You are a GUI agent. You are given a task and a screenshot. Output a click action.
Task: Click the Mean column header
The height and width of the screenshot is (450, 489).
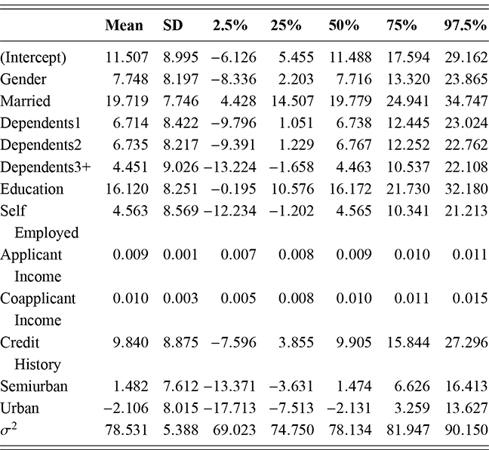coord(125,25)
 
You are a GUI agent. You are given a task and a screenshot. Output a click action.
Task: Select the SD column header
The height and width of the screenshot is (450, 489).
coord(173,25)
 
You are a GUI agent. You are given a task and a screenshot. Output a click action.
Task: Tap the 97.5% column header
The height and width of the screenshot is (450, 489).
coord(463,25)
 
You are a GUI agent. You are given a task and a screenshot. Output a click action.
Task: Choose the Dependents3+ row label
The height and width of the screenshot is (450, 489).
coord(46,167)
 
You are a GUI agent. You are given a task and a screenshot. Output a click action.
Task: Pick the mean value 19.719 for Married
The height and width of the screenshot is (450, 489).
coord(125,100)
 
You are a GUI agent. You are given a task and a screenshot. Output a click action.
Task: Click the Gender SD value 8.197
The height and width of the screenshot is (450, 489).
coord(178,78)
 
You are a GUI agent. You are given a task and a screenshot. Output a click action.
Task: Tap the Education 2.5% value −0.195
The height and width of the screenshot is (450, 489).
coord(228,188)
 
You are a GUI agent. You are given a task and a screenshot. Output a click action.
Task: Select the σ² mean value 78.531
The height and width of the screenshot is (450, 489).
coord(125,430)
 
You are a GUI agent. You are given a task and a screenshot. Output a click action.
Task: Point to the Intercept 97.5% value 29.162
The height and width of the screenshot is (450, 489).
coord(463,57)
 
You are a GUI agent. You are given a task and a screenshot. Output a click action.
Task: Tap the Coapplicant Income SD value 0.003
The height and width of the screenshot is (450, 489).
coord(178,298)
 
